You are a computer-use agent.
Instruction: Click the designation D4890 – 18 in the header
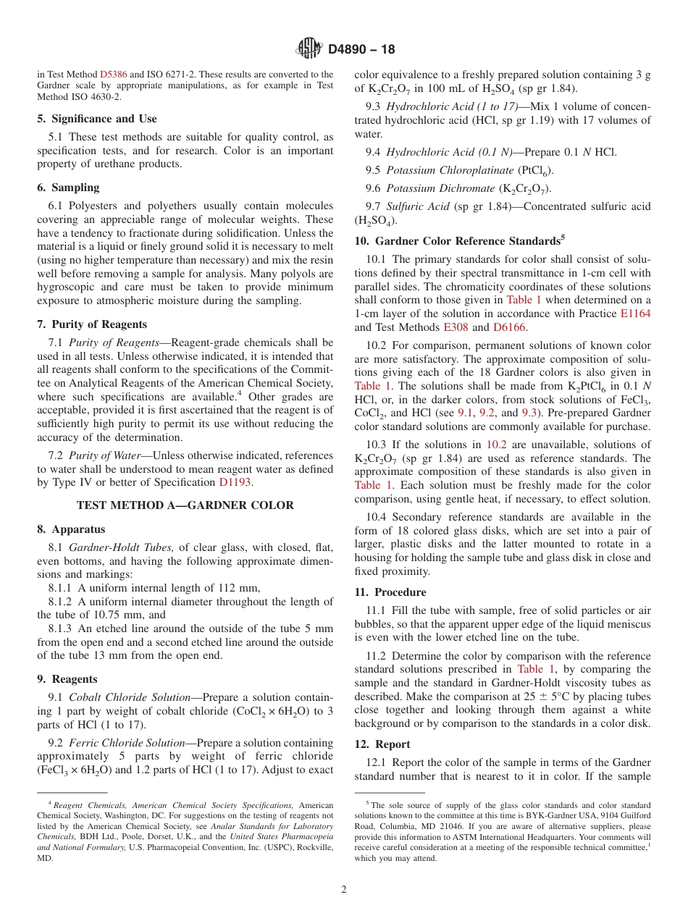tap(361, 50)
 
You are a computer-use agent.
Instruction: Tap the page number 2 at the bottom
tap(344, 890)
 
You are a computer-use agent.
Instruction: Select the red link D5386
tap(113, 75)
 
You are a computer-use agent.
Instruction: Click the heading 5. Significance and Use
tap(97, 119)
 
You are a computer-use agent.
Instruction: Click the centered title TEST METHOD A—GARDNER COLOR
tap(185, 505)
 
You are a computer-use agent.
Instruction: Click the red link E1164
tap(635, 314)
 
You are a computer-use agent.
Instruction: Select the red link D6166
tap(510, 327)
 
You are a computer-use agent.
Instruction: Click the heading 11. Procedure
tap(390, 592)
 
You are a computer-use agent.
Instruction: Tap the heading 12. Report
tap(382, 744)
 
